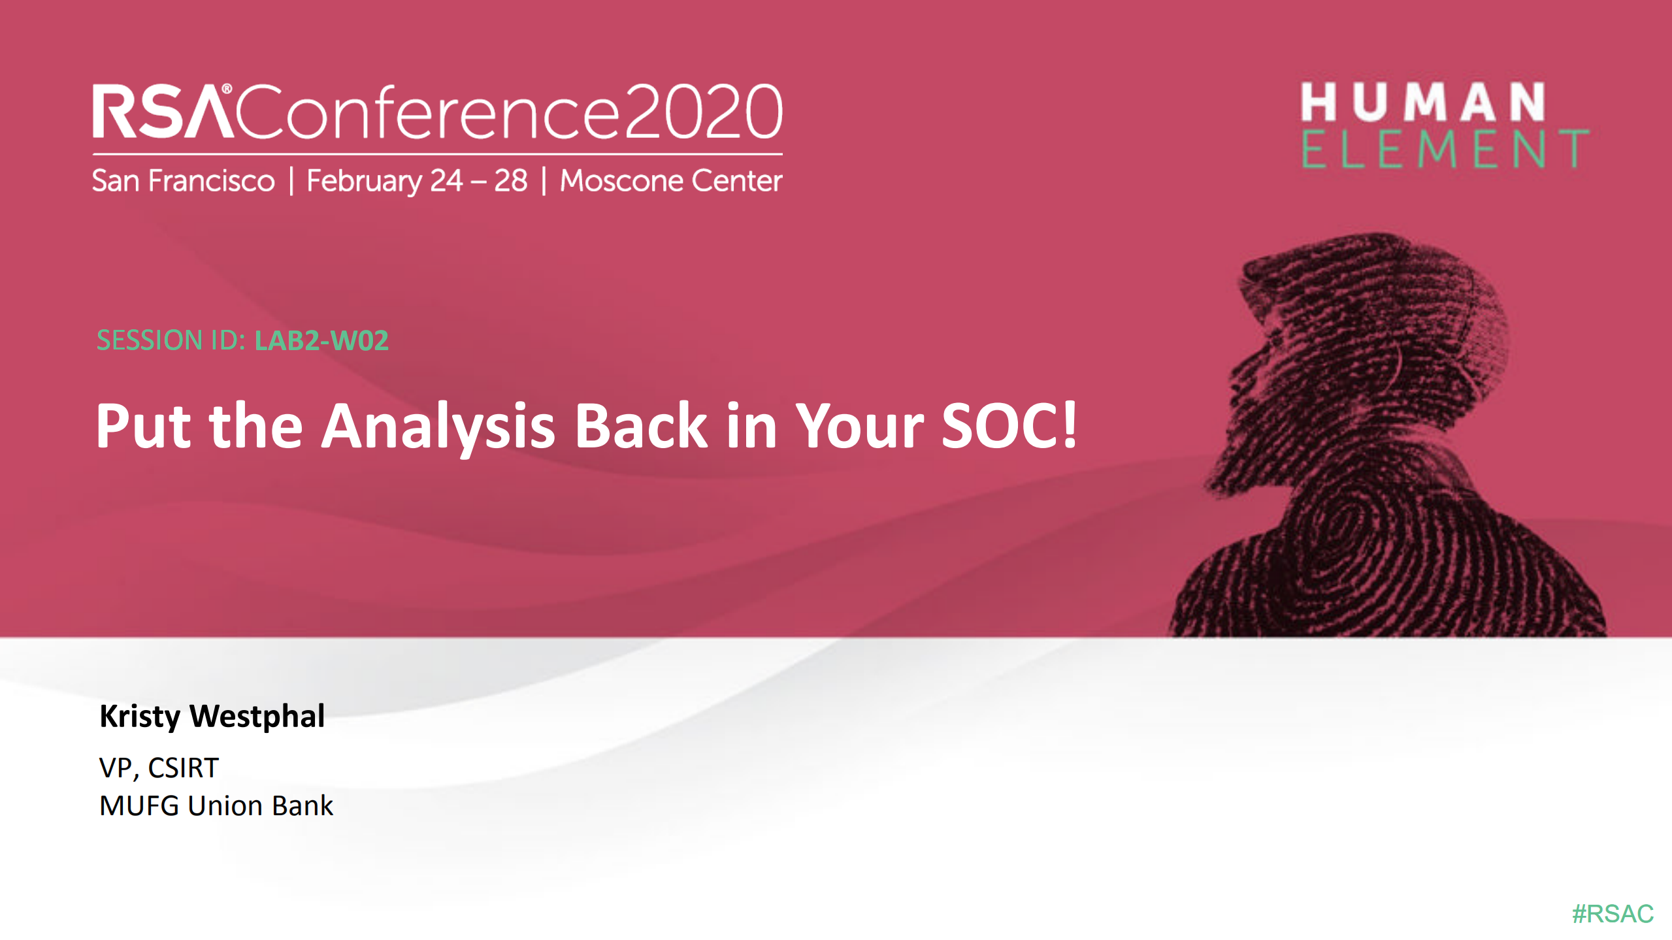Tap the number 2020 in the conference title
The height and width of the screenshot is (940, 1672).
coord(703,112)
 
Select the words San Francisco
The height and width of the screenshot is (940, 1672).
coord(183,181)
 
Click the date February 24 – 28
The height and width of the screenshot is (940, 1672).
coord(417,181)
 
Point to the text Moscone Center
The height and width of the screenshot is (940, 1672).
coord(671,181)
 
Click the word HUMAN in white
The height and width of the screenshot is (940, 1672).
coord(1422,103)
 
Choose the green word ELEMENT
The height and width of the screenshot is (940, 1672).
coord(1445,149)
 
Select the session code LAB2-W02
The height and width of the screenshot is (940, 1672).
coord(321,340)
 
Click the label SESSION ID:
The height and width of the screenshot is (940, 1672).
coord(171,340)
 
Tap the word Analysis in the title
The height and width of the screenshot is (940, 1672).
coord(438,426)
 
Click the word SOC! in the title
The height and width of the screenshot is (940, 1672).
coord(1008,426)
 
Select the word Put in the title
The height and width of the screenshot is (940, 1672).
coord(143,426)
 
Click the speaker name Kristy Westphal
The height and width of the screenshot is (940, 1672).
coord(212,716)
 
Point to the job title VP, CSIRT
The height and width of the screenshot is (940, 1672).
coord(159,768)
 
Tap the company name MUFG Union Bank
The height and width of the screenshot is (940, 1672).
coord(216,805)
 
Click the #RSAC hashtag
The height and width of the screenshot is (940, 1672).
coord(1612,913)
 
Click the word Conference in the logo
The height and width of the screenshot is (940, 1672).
coord(427,112)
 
